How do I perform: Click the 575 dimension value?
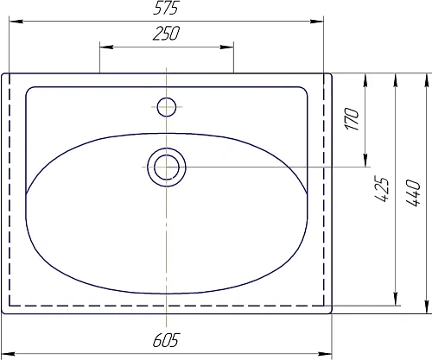click(x=166, y=8)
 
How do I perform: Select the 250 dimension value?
click(x=166, y=33)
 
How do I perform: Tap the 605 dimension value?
click(x=166, y=340)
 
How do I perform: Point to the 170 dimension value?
click(x=353, y=119)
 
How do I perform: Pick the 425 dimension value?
click(x=381, y=189)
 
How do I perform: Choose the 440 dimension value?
click(x=413, y=193)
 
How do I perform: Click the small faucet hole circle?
click(x=167, y=107)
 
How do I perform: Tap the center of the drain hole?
click(x=167, y=167)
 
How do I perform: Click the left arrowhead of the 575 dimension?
click(x=16, y=22)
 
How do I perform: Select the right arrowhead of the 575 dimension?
click(x=317, y=22)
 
